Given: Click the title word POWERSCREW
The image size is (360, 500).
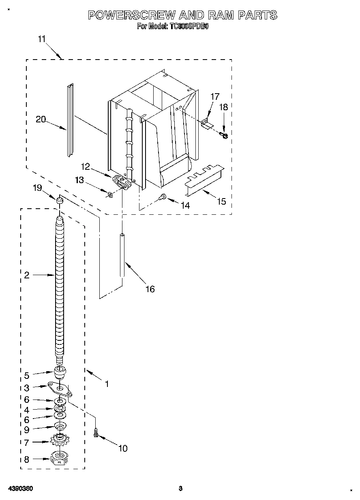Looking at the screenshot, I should point(131,15).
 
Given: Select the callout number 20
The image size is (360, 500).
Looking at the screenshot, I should point(41,119).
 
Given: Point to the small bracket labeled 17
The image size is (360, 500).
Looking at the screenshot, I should point(207,124).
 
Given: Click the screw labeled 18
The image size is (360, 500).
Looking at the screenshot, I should point(223,135).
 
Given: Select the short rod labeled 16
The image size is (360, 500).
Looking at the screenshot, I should point(122,255).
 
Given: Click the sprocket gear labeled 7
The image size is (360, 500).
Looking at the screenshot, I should point(60,440).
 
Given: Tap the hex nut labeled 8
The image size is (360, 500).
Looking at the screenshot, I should point(60,459).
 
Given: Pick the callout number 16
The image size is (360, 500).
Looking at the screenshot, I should point(150,289).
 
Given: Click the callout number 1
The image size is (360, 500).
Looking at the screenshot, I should point(107,383).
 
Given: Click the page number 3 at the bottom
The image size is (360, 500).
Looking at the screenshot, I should point(181,488).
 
